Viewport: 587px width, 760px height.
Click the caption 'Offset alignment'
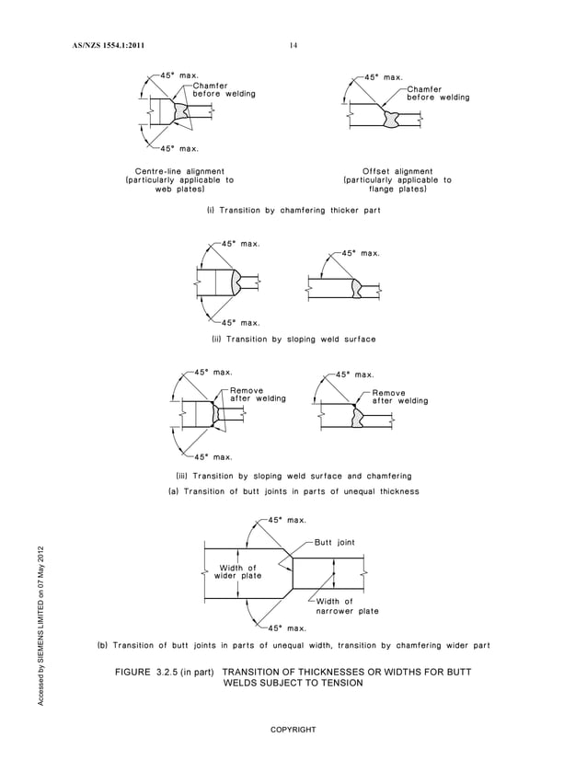click(x=397, y=171)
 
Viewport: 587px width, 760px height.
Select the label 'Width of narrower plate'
click(x=347, y=606)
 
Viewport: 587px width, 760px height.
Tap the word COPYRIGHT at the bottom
click(x=293, y=730)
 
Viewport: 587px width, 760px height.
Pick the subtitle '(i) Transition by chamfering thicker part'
click(x=293, y=212)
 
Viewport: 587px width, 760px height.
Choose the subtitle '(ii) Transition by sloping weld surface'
click(x=293, y=340)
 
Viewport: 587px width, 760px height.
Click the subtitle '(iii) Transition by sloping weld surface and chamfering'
click(x=293, y=476)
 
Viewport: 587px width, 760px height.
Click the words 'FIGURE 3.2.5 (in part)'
click(x=165, y=673)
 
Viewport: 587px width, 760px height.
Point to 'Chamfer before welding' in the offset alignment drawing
click(x=438, y=94)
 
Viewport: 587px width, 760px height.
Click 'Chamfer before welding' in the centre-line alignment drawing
click(x=224, y=89)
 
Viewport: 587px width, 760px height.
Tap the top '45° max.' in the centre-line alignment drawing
click(x=179, y=74)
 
